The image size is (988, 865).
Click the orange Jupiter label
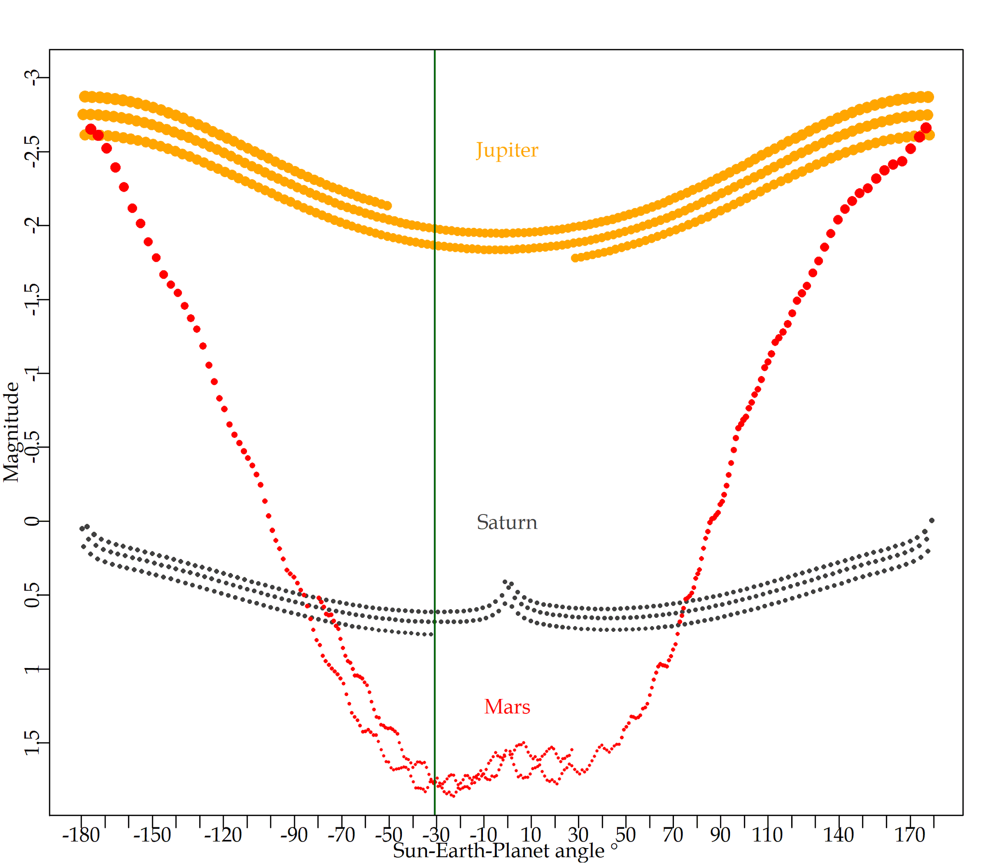507,150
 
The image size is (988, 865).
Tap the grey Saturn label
507,522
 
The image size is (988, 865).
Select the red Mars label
507,707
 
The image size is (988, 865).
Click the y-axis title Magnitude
12,432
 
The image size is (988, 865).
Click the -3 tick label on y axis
33,78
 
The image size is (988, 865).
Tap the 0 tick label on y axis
33,521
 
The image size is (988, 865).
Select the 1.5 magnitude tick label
33,742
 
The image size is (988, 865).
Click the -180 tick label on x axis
81,835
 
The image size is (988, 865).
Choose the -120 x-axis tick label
223,835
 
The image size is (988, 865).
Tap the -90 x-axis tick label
294,835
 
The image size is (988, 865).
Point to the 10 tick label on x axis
531,835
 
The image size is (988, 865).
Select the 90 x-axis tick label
720,835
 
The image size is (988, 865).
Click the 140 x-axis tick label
838,835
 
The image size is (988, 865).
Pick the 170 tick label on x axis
909,835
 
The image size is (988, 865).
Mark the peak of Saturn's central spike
505,583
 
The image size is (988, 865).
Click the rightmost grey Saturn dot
932,520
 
